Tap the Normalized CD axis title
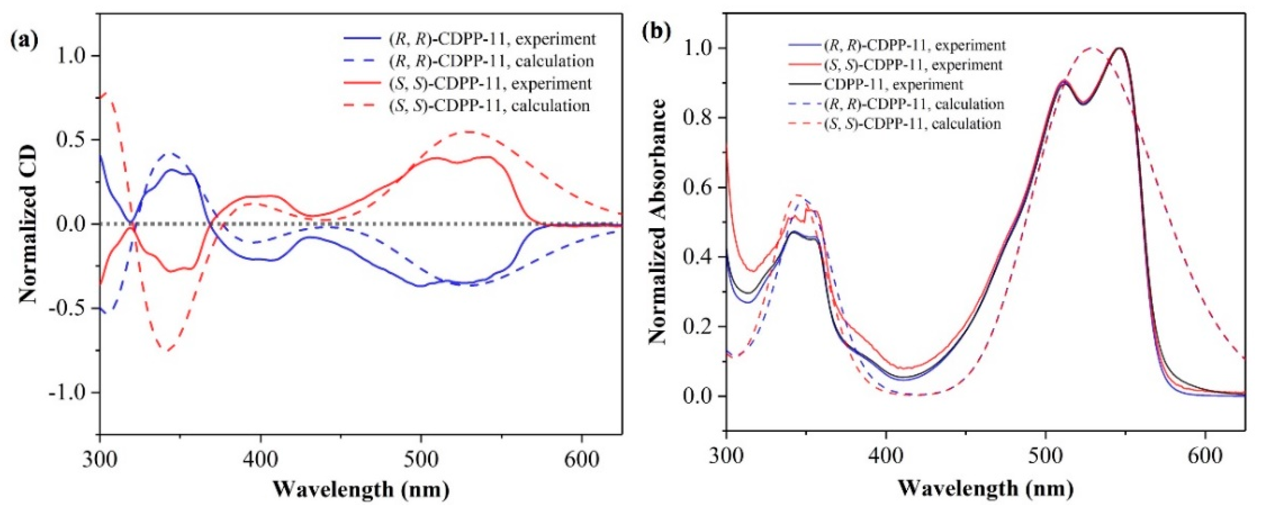click(x=28, y=223)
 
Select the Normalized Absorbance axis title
click(x=658, y=221)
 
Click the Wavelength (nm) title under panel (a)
click(x=361, y=489)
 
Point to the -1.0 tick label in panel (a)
click(x=70, y=393)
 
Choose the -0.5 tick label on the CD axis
click(x=70, y=308)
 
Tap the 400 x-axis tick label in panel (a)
click(x=261, y=461)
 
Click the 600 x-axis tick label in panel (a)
click(x=582, y=461)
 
